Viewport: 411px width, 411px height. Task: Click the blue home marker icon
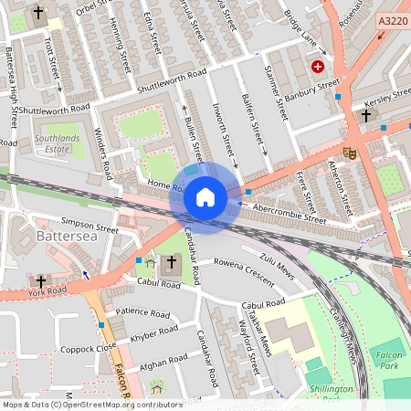pos(205,197)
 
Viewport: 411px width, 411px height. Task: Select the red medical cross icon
pos(318,67)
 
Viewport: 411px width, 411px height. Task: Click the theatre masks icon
pos(348,153)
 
